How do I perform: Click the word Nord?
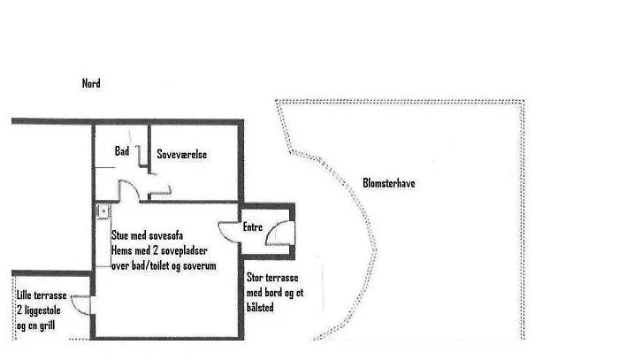point(91,84)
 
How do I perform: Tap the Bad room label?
point(122,152)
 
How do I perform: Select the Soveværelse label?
point(182,154)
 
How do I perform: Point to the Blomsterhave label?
point(389,184)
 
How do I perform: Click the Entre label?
point(253,228)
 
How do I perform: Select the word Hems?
point(121,251)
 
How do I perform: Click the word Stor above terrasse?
point(256,279)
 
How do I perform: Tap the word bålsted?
point(262,308)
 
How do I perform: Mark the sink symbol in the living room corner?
point(102,211)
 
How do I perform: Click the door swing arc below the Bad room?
point(128,188)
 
